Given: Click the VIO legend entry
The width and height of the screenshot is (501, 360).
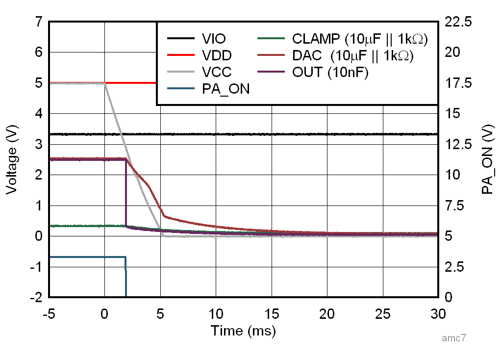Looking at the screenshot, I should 214,39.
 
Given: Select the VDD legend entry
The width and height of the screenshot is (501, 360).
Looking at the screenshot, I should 216,55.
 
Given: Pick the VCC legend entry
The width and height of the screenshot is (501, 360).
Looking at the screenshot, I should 216,72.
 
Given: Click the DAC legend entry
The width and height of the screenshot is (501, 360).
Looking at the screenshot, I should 352,55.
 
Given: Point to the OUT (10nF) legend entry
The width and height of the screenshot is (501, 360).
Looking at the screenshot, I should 330,72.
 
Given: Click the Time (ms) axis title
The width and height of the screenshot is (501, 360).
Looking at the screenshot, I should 244,331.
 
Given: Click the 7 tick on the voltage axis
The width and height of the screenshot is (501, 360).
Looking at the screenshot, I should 38,22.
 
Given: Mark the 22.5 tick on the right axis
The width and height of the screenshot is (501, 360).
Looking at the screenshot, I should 458,22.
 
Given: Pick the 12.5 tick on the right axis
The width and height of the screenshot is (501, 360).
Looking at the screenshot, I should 458,144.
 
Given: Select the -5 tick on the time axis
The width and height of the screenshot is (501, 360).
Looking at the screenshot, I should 49,313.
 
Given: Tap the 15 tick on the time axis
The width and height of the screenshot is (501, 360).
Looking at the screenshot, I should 271,313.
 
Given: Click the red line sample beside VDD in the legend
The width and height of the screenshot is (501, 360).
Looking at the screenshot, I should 178,55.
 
